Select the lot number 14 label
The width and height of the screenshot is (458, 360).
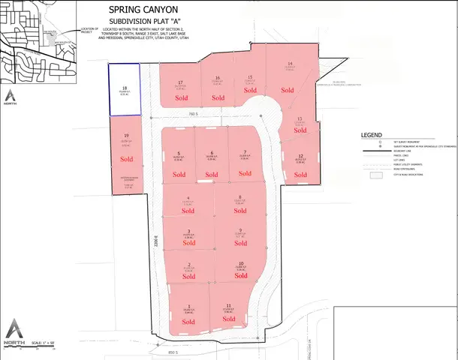tap(290, 64)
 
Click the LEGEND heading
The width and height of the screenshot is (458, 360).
tap(372, 135)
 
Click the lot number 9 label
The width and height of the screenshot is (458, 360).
tap(240, 230)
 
